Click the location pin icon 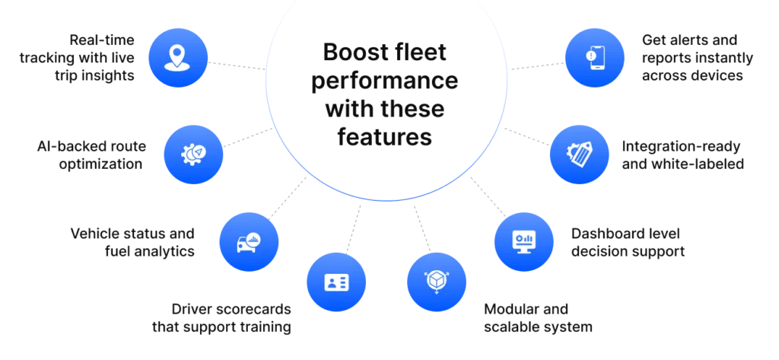coord(176,57)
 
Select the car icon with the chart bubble coord(249,243)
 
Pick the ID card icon coord(335,282)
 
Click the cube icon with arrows coord(436,281)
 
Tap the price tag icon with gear coord(580,155)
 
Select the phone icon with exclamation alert coord(595,57)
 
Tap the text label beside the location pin coord(79,56)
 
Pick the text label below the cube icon coord(538,317)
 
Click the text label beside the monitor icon coord(627,243)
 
